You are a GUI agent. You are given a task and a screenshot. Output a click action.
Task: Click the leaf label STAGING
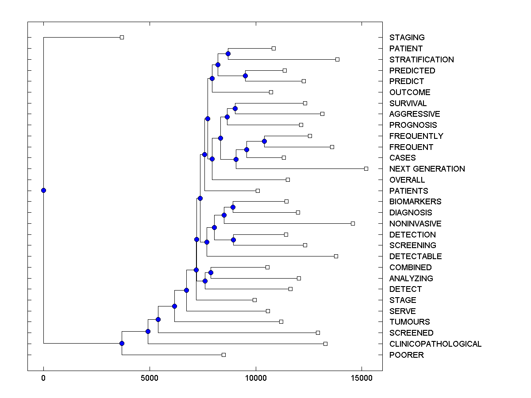coord(407,38)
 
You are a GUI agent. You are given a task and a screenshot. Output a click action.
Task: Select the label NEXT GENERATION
coord(427,169)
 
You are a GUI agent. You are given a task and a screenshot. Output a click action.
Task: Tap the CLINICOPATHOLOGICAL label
coord(435,344)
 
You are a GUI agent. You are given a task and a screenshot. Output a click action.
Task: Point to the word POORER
coord(406,355)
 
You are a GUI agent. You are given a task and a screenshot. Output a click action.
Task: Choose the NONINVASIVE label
coord(415,224)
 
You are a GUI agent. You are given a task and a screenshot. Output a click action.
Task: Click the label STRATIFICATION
coord(421,60)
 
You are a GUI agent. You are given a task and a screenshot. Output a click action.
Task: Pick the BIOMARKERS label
coord(415,202)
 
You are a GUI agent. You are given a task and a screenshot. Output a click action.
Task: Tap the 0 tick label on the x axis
coord(43,378)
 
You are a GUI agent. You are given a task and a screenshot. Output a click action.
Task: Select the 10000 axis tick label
coord(255,378)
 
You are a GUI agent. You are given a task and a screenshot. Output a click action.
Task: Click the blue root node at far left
coord(43,191)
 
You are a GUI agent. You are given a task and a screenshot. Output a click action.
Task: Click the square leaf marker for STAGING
coord(122,37)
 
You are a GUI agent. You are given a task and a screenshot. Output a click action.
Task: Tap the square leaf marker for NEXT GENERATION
coord(366,168)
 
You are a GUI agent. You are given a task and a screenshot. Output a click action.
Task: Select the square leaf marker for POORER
coord(223,355)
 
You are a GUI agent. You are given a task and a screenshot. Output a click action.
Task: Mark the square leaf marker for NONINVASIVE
coord(353,223)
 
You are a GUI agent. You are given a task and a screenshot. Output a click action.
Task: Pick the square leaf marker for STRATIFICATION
coord(337,59)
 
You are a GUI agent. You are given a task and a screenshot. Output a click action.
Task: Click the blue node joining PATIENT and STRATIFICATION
coord(228,54)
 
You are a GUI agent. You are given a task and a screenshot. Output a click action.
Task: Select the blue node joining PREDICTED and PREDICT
coord(245,76)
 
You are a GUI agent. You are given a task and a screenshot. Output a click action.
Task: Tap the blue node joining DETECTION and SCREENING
coord(233,240)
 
